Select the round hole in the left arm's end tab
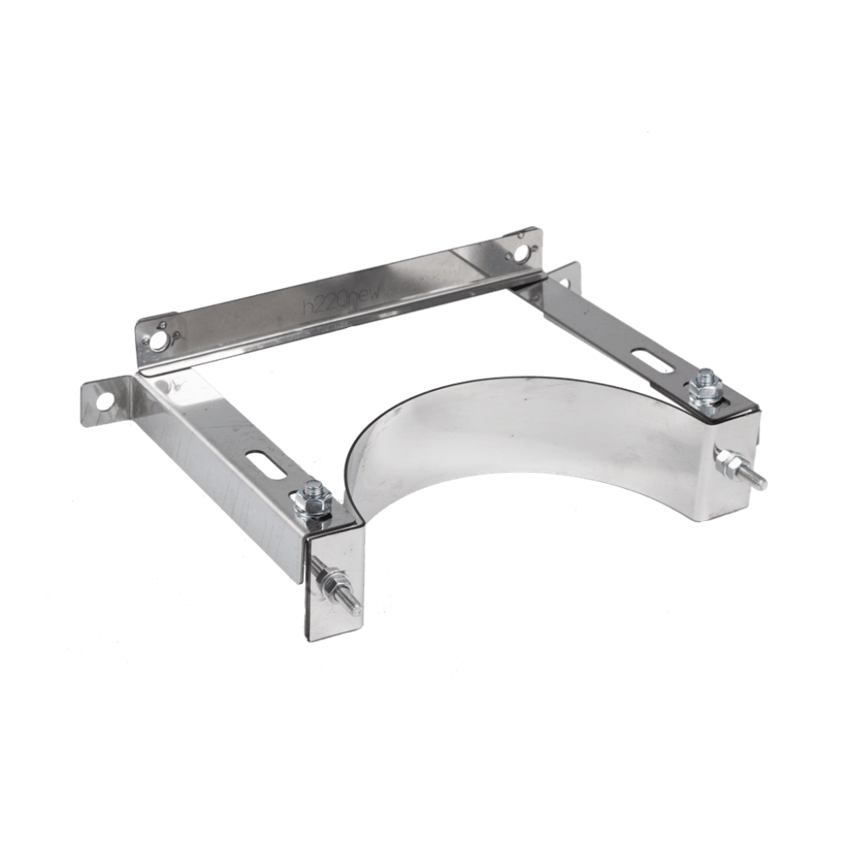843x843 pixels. point(104,402)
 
